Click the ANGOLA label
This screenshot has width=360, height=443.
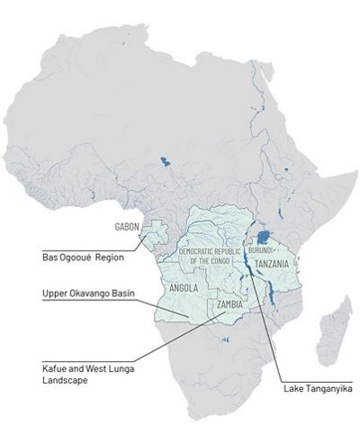[x=184, y=287]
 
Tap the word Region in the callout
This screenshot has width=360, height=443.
[x=106, y=258]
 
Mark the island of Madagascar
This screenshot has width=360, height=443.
[x=336, y=328]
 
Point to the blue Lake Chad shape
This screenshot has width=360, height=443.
[x=164, y=163]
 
